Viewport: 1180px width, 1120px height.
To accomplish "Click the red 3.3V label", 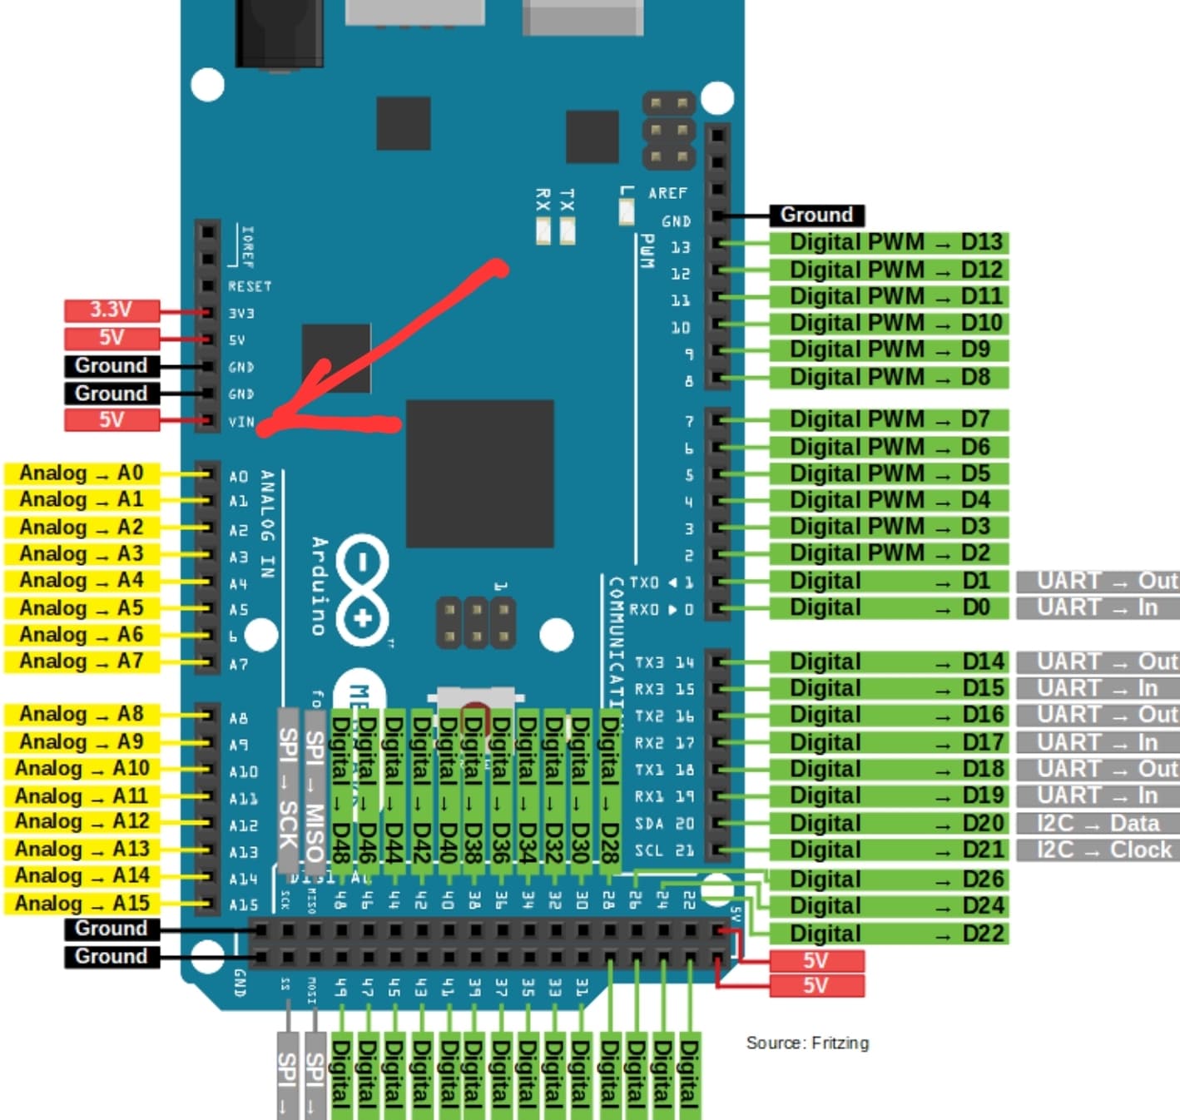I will (112, 310).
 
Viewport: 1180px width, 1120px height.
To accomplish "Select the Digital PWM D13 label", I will (888, 243).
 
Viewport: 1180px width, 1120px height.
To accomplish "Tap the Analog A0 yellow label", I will (82, 473).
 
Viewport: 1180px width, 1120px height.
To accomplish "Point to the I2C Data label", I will (1098, 823).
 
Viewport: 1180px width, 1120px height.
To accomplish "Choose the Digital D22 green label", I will (888, 934).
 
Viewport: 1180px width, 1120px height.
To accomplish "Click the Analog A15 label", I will (82, 904).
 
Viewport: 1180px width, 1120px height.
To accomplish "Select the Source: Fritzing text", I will (807, 1043).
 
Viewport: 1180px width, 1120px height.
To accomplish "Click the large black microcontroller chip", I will (480, 473).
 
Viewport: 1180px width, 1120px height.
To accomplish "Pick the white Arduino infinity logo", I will (363, 591).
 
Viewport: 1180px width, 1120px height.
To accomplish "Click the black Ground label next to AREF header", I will (816, 216).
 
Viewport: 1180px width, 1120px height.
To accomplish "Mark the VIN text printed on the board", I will (241, 422).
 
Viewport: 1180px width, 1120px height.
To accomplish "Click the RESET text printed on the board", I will (250, 286).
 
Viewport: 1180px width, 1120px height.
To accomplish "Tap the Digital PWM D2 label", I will (888, 553).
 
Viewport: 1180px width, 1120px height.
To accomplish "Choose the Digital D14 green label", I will (888, 662).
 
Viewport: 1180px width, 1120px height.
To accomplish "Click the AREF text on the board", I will (667, 193).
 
